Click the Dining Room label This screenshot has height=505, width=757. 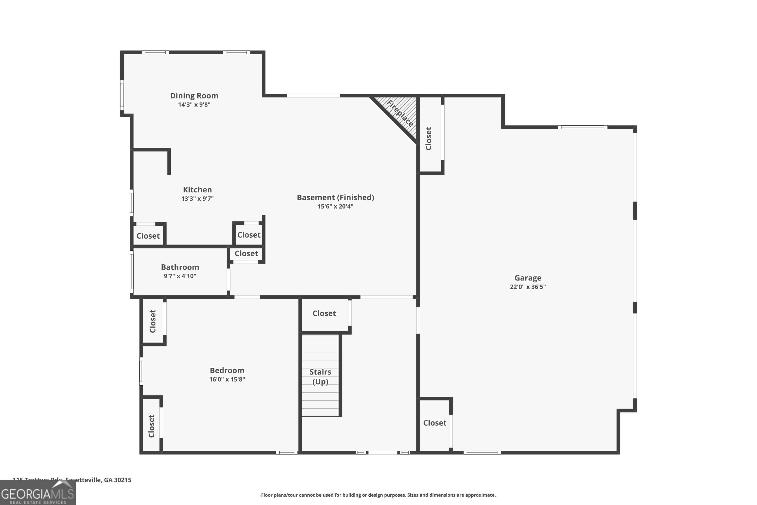pyautogui.click(x=194, y=96)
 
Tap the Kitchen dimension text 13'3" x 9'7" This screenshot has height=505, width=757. pyautogui.click(x=197, y=199)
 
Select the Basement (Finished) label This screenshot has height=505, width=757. pyautogui.click(x=335, y=197)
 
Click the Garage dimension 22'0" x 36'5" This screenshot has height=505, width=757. pyautogui.click(x=528, y=287)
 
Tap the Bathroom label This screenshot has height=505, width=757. pyautogui.click(x=180, y=267)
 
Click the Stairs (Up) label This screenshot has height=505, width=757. pyautogui.click(x=320, y=377)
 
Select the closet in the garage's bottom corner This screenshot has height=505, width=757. pyautogui.click(x=435, y=423)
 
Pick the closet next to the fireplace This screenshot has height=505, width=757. pyautogui.click(x=429, y=138)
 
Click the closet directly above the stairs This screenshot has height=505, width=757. pyautogui.click(x=324, y=313)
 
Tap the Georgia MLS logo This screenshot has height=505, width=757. pyautogui.click(x=37, y=493)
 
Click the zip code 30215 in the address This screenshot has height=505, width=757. pyautogui.click(x=123, y=480)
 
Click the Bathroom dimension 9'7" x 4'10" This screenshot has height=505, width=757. pyautogui.click(x=180, y=276)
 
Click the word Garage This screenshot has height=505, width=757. pyautogui.click(x=528, y=277)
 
